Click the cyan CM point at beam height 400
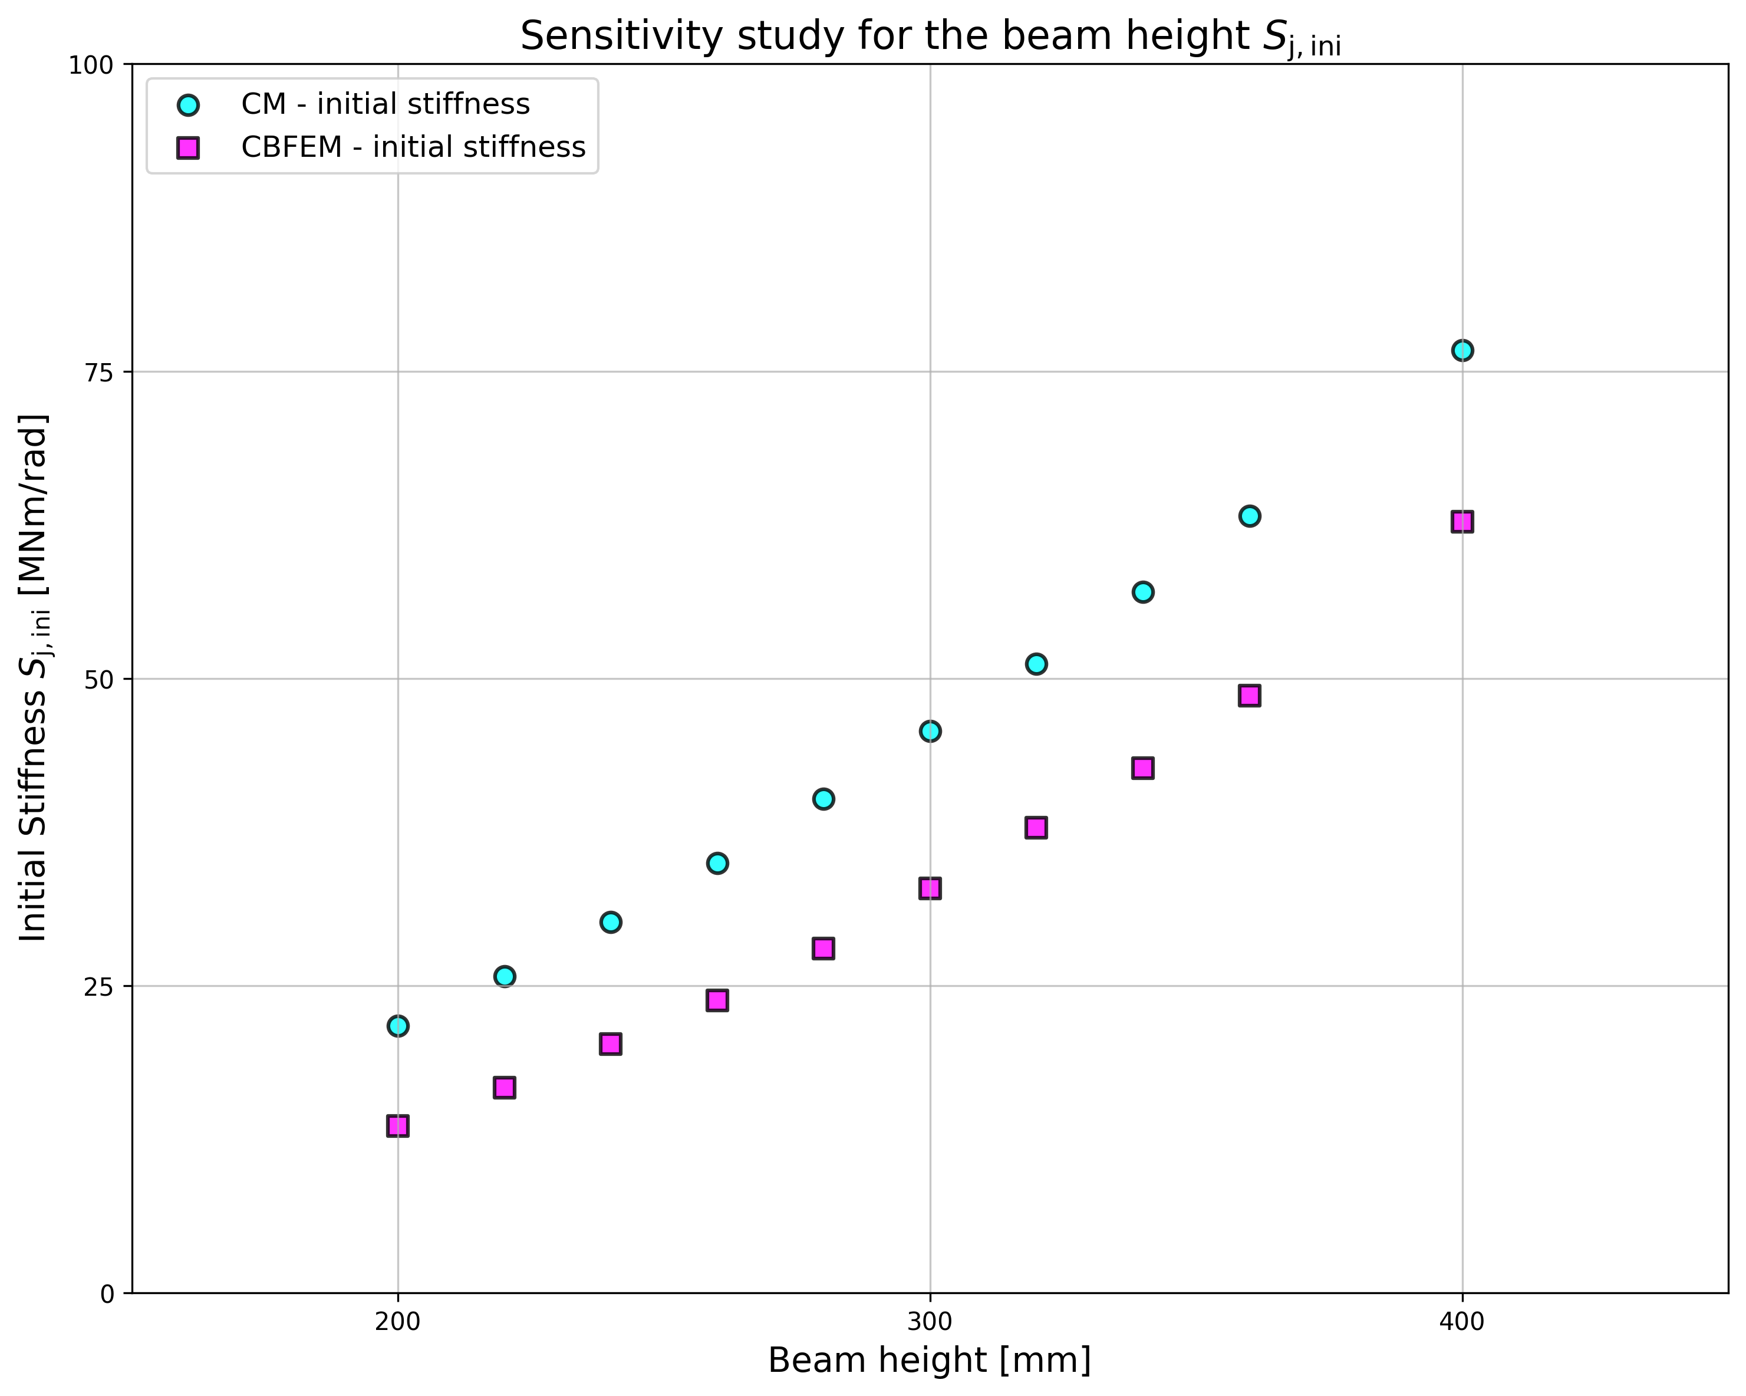1462,351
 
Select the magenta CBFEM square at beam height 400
1462,522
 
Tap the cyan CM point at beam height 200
398,1026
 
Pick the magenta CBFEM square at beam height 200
398,1125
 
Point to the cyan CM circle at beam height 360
1250,516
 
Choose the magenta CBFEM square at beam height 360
1250,696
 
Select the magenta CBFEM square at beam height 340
1142,768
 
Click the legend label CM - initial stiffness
386,104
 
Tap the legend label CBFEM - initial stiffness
413,147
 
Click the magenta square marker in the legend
188,148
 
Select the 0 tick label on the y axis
108,1294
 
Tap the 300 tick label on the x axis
930,1322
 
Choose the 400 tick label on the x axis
1462,1322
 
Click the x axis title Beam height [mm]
930,1361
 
